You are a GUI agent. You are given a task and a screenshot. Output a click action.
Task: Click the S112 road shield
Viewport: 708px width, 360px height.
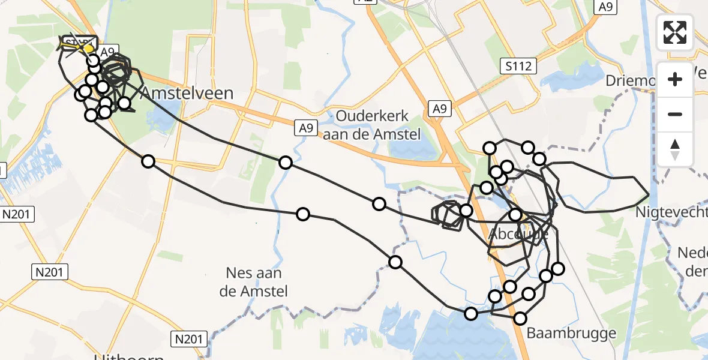point(518,66)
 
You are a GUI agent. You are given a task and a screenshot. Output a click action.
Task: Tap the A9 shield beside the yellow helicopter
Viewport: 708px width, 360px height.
point(107,52)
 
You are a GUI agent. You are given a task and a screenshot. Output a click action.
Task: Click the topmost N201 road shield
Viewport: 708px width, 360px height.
point(17,214)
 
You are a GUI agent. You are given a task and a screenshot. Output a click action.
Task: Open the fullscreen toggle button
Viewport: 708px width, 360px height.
point(675,32)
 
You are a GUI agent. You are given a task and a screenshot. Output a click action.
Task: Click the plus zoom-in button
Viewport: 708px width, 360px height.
point(675,79)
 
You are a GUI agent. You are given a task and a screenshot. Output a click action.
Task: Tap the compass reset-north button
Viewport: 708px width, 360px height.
point(675,149)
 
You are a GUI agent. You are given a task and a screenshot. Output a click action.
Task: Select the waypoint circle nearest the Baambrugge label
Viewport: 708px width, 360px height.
point(520,319)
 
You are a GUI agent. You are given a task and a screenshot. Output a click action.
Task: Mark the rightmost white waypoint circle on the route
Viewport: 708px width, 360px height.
point(558,268)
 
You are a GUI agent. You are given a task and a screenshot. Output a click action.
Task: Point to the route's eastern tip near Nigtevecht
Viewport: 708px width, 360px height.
point(649,195)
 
